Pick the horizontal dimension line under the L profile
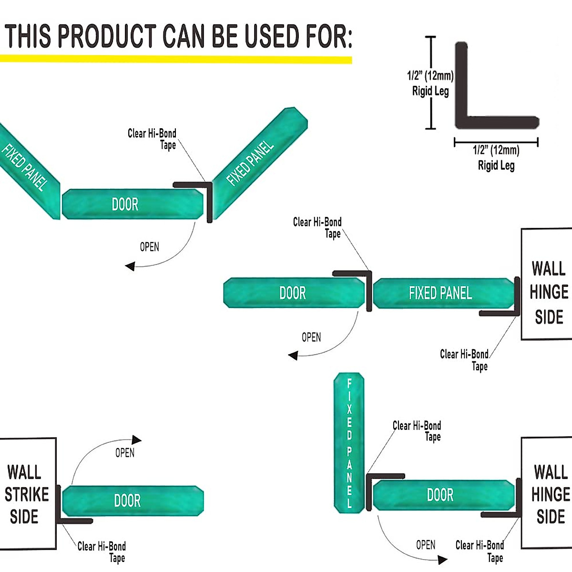point(496,142)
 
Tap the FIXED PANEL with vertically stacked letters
point(349,443)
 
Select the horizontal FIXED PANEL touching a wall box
point(441,293)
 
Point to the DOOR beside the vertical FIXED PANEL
point(441,495)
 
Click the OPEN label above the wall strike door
point(125,453)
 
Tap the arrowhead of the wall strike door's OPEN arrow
point(137,439)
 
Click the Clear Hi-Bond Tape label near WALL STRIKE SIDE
point(102,552)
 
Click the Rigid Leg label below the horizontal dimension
point(496,165)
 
